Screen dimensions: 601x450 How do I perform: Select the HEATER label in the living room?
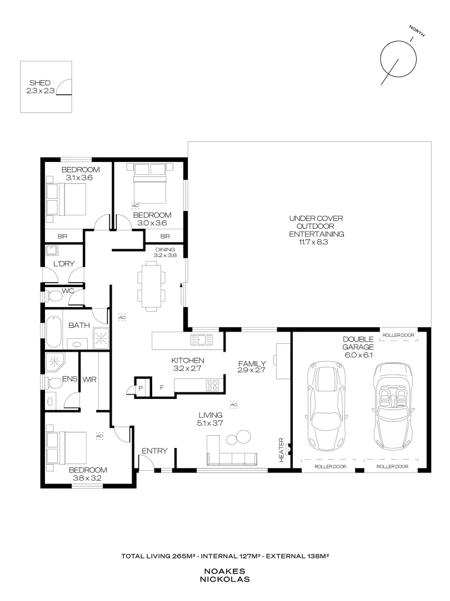[281, 450]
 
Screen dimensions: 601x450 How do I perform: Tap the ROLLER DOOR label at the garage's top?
[398, 336]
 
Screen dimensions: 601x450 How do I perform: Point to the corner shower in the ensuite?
[57, 362]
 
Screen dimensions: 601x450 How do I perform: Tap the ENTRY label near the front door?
[154, 451]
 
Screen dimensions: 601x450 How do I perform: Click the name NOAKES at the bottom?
[225, 571]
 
